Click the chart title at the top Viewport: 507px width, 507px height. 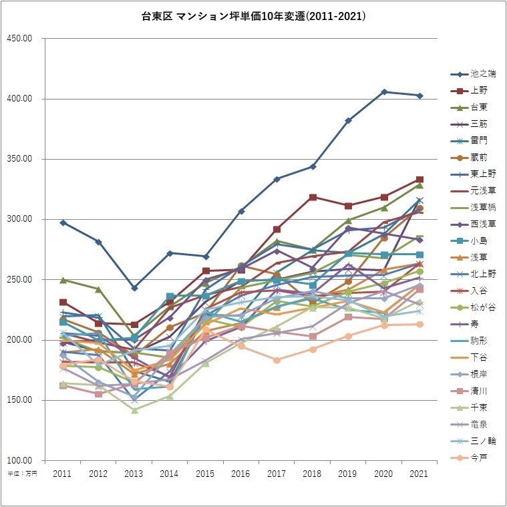click(253, 15)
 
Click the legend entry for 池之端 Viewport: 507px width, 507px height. click(482, 73)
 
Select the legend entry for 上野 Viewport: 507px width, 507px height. click(478, 90)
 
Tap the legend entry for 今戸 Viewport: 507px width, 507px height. click(478, 458)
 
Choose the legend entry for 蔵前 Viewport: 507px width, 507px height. click(478, 157)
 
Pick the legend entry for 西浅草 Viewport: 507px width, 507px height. click(482, 224)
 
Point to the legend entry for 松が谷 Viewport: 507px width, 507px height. click(482, 307)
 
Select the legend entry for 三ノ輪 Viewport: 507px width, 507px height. click(482, 441)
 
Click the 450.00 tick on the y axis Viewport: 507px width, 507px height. click(19, 39)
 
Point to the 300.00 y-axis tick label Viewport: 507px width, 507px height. click(19, 220)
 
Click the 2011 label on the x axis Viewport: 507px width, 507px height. click(63, 473)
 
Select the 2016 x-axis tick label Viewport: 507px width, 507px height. click(240, 473)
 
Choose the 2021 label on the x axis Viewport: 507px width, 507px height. click(419, 473)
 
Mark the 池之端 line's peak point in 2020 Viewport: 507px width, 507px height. click(383, 92)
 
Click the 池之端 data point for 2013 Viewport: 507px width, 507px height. click(134, 288)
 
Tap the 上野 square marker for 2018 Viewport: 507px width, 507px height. click(313, 197)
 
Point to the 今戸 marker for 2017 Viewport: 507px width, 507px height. click(277, 360)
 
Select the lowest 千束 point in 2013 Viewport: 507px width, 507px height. click(134, 410)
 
